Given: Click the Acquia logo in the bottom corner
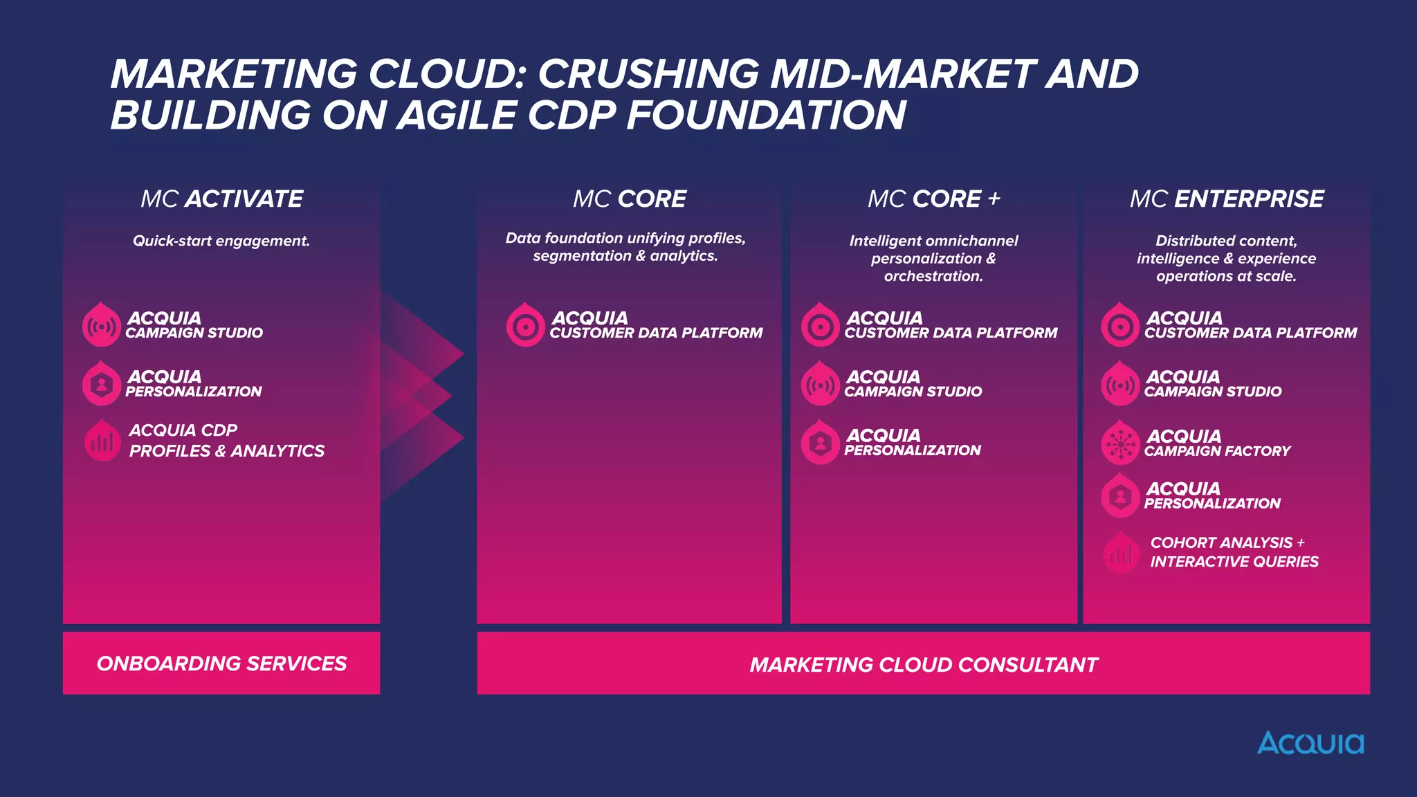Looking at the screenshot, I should pyautogui.click(x=1310, y=743).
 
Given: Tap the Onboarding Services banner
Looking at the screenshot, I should pyautogui.click(x=221, y=663).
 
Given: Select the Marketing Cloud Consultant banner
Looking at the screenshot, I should pyautogui.click(x=923, y=664).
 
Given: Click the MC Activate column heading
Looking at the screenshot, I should pyautogui.click(x=221, y=199).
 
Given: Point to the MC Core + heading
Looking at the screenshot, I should pyautogui.click(x=933, y=199).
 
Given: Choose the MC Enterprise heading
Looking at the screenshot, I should pyautogui.click(x=1226, y=199).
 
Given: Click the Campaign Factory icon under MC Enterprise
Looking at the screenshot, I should pyautogui.click(x=1119, y=443).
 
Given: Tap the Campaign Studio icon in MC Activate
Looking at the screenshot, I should pyautogui.click(x=101, y=326).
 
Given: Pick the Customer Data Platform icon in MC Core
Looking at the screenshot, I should pyautogui.click(x=525, y=326).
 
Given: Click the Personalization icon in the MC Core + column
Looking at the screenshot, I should pyautogui.click(x=820, y=443).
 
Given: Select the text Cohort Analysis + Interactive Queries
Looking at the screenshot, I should pyautogui.click(x=1234, y=552).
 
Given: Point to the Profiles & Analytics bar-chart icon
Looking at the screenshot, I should pyautogui.click(x=102, y=441).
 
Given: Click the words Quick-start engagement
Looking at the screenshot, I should pyautogui.click(x=221, y=241).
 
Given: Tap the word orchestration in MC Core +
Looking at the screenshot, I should pyautogui.click(x=933, y=276).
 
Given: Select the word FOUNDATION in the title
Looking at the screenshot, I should pyautogui.click(x=766, y=115).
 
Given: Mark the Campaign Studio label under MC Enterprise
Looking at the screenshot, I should pyautogui.click(x=1212, y=392).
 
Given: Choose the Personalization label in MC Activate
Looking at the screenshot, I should pyautogui.click(x=193, y=392).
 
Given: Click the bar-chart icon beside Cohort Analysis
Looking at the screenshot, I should pyautogui.click(x=1121, y=553).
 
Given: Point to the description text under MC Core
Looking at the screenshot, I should pyautogui.click(x=625, y=247).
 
